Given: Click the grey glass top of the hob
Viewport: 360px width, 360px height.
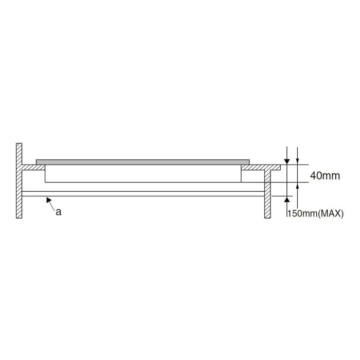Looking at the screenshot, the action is (x=142, y=162).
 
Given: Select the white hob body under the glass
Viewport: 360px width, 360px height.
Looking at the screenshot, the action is (x=143, y=174).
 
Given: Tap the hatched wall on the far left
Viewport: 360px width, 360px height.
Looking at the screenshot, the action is (x=19, y=181).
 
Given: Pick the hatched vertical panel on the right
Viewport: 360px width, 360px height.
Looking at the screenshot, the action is (x=267, y=194).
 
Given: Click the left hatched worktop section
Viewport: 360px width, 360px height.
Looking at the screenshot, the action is (x=33, y=167).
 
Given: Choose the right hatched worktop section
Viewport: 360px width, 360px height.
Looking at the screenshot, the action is (x=261, y=167).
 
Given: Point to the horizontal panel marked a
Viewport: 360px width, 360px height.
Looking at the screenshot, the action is (x=143, y=194).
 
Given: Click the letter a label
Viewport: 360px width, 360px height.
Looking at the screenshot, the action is (x=59, y=212).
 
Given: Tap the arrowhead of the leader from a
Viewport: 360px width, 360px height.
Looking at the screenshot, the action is (x=48, y=200).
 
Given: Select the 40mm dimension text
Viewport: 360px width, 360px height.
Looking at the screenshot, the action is (x=325, y=176).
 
